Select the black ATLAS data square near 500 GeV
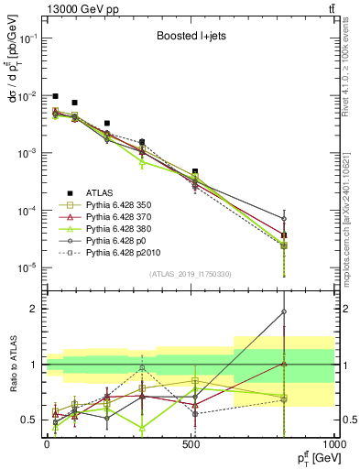[x=195, y=171]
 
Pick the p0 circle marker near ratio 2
[x=284, y=311]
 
